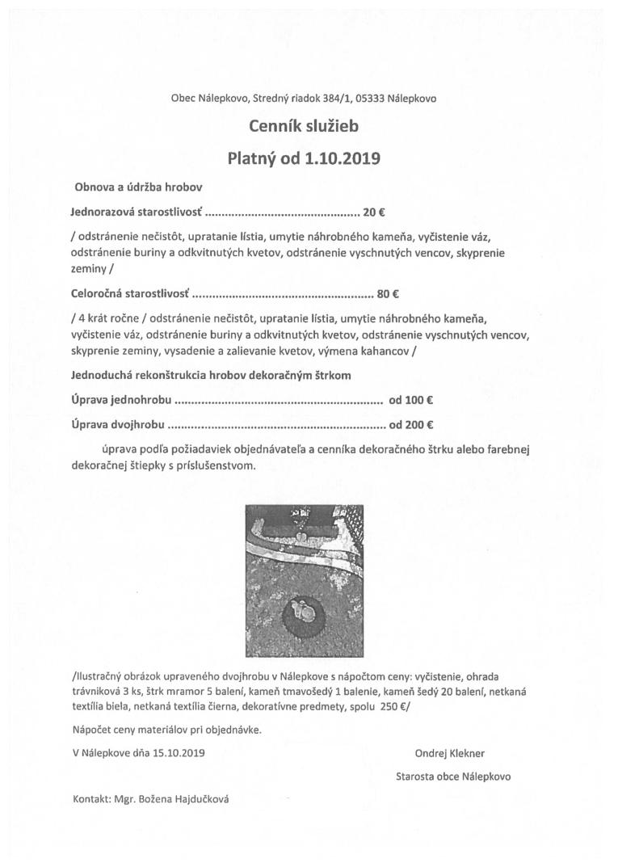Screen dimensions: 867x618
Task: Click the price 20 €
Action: (374, 213)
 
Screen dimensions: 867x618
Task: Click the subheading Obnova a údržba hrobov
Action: (138, 187)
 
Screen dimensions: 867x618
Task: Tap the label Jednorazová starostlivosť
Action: (136, 213)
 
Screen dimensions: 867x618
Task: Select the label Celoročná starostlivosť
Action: (129, 294)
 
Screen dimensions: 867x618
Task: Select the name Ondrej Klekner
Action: (450, 753)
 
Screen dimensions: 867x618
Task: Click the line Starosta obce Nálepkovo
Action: (453, 777)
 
